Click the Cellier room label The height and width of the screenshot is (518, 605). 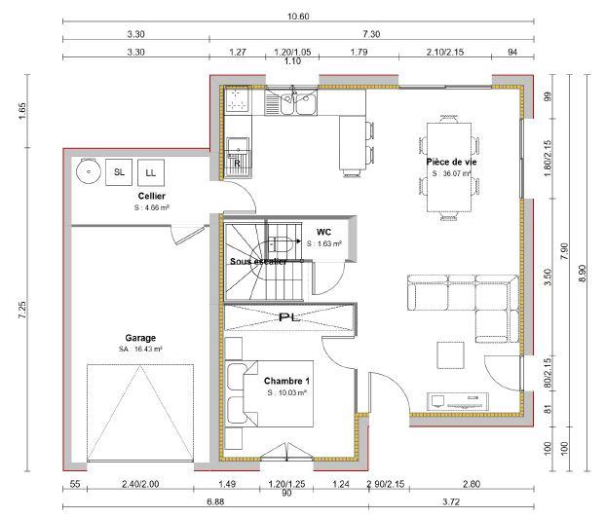pos(151,196)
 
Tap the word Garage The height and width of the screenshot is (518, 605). pos(139,338)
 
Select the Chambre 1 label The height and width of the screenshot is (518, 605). pos(286,380)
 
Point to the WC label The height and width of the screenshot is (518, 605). pos(324,232)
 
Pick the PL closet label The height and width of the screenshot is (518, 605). pos(286,317)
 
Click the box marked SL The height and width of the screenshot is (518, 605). pos(120,171)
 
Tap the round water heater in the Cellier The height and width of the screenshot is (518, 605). pos(87,170)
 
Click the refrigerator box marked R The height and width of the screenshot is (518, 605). pos(237,164)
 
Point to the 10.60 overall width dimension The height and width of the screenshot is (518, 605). pos(299,17)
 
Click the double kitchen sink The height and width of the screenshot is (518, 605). pos(299,101)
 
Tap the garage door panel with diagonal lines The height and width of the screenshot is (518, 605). pos(140,413)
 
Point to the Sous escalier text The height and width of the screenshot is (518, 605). pos(258,262)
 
